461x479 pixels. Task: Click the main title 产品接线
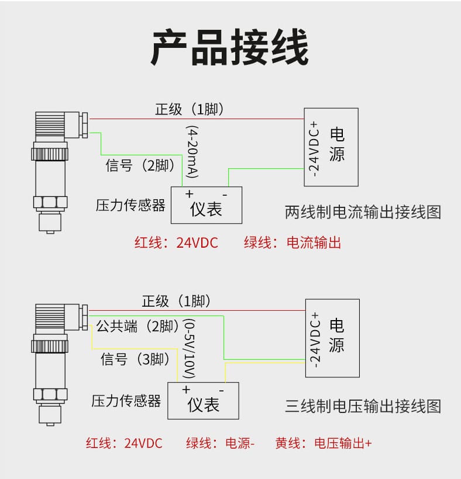pos(230,48)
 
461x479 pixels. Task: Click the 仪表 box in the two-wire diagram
pos(206,205)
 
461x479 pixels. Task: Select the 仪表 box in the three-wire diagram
pos(203,400)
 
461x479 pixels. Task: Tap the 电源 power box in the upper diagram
pos(331,147)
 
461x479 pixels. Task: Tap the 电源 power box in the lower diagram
pos(332,338)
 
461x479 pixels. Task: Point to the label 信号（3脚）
pos(136,359)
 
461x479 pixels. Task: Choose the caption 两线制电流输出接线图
pos(363,211)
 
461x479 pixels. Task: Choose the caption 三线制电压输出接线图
pos(363,405)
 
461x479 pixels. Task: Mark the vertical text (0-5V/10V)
pos(190,346)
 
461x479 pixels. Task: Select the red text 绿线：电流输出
pos(292,243)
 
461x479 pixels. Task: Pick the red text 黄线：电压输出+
pos(324,443)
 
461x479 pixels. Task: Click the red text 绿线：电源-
pos(220,443)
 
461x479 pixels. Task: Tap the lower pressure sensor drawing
pos(54,362)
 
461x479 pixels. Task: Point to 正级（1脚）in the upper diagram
pos(190,109)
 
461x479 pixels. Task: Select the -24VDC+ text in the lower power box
pos(315,339)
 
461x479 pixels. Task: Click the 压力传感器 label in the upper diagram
pos(130,205)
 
